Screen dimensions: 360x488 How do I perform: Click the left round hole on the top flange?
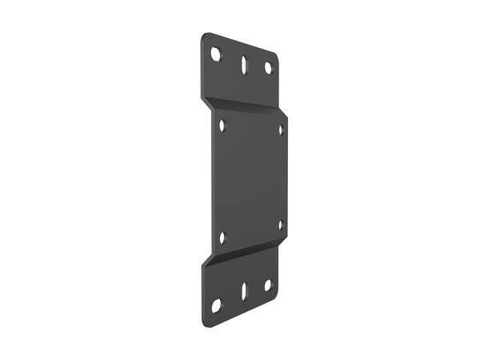[215, 54]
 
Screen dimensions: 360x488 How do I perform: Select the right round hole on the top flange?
[269, 68]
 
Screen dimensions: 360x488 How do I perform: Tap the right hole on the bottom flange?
[268, 284]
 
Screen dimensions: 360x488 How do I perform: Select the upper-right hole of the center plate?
[281, 128]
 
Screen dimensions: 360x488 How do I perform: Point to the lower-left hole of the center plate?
[222, 237]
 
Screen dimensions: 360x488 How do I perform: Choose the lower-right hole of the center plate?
[281, 225]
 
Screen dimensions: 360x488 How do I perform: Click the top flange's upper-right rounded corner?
[274, 56]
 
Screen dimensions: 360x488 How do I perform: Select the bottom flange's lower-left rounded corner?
[206, 321]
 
